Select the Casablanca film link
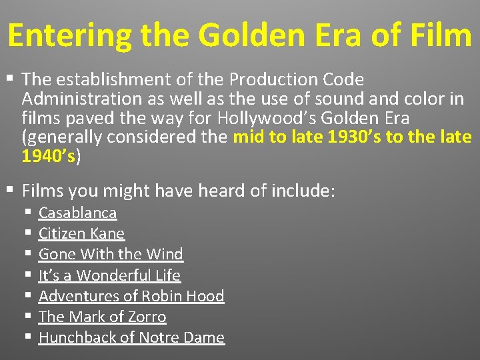77,213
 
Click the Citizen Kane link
81,234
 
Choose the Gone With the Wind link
111,255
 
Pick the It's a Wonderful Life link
109,275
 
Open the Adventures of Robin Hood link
131,296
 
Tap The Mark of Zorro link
102,317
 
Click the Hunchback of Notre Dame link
131,337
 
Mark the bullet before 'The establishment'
9,79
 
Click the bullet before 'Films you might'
9,191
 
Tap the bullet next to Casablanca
27,213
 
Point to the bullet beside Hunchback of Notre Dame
27,337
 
